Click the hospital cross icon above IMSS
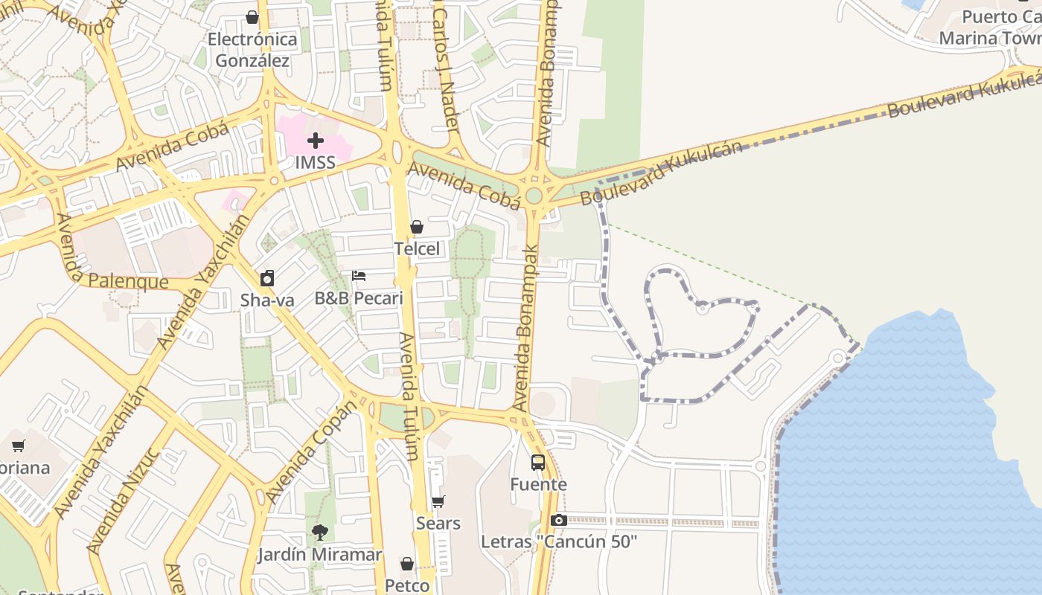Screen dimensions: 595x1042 [316, 140]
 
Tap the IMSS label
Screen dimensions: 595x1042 [316, 162]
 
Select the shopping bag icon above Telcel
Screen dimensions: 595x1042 [417, 227]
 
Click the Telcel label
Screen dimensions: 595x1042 [417, 249]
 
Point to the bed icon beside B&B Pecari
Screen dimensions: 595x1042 [359, 276]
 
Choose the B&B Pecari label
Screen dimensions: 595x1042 [359, 299]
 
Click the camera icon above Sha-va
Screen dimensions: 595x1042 [267, 279]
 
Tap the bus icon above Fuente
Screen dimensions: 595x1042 [538, 463]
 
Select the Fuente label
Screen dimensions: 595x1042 [538, 485]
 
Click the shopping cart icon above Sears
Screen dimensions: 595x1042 [438, 502]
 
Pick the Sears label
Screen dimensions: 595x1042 [438, 524]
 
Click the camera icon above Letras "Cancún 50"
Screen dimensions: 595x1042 [559, 521]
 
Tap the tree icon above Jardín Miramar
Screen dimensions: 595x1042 [320, 533]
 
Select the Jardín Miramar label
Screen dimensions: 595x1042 [320, 555]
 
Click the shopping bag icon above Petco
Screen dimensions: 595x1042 [407, 564]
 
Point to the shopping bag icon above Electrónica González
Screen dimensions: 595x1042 [252, 17]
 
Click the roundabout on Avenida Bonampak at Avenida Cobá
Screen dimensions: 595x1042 [534, 196]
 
